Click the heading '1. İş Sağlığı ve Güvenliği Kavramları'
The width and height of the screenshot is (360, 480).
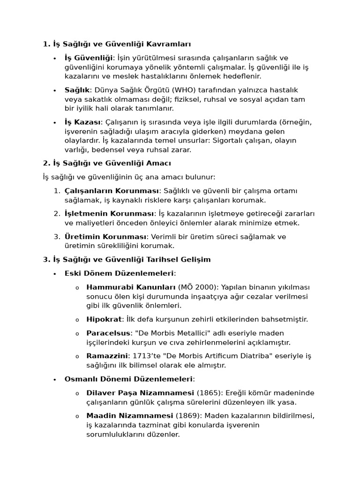coord(117,44)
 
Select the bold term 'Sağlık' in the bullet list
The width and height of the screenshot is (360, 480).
coord(77,90)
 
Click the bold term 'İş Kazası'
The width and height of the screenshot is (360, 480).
coord(82,122)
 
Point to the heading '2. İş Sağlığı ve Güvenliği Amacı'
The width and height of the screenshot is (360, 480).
coord(107,163)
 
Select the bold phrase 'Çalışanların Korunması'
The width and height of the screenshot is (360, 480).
coord(112,191)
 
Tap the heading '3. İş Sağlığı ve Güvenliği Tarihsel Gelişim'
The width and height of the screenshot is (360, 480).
coord(127,259)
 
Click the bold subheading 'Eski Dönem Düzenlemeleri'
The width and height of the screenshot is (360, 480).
coord(119,273)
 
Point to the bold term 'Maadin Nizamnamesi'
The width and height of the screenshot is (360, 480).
coord(129,415)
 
